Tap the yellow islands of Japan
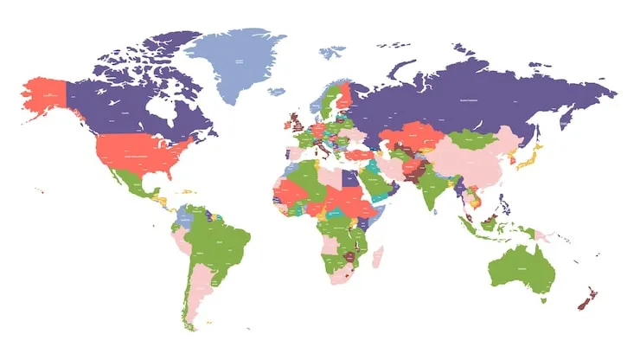(x=531, y=159)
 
